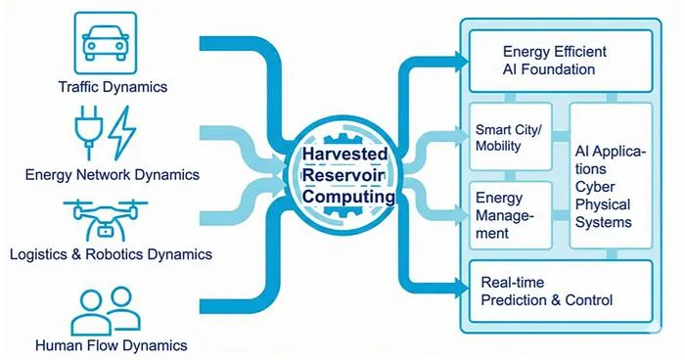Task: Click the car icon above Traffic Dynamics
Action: coord(106,42)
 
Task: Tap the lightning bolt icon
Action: coord(122,133)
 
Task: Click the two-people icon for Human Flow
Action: coord(106,311)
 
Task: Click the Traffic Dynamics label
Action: coord(114,86)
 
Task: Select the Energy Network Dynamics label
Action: coord(113,175)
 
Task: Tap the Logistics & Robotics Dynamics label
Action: coord(111,254)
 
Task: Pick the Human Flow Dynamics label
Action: coord(112,345)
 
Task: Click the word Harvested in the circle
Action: coord(345,154)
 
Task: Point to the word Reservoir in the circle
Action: coord(343,175)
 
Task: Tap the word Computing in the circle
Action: coord(348,197)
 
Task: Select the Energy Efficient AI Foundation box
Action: coord(561,61)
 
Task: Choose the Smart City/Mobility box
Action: coord(510,137)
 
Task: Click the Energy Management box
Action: coord(510,215)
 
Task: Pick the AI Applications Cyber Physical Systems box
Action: coord(611,176)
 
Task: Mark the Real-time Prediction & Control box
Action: coord(561,291)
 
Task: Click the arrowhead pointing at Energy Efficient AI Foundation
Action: coord(461,62)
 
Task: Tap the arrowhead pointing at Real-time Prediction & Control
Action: coord(461,288)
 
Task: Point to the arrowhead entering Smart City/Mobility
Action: coord(461,137)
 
